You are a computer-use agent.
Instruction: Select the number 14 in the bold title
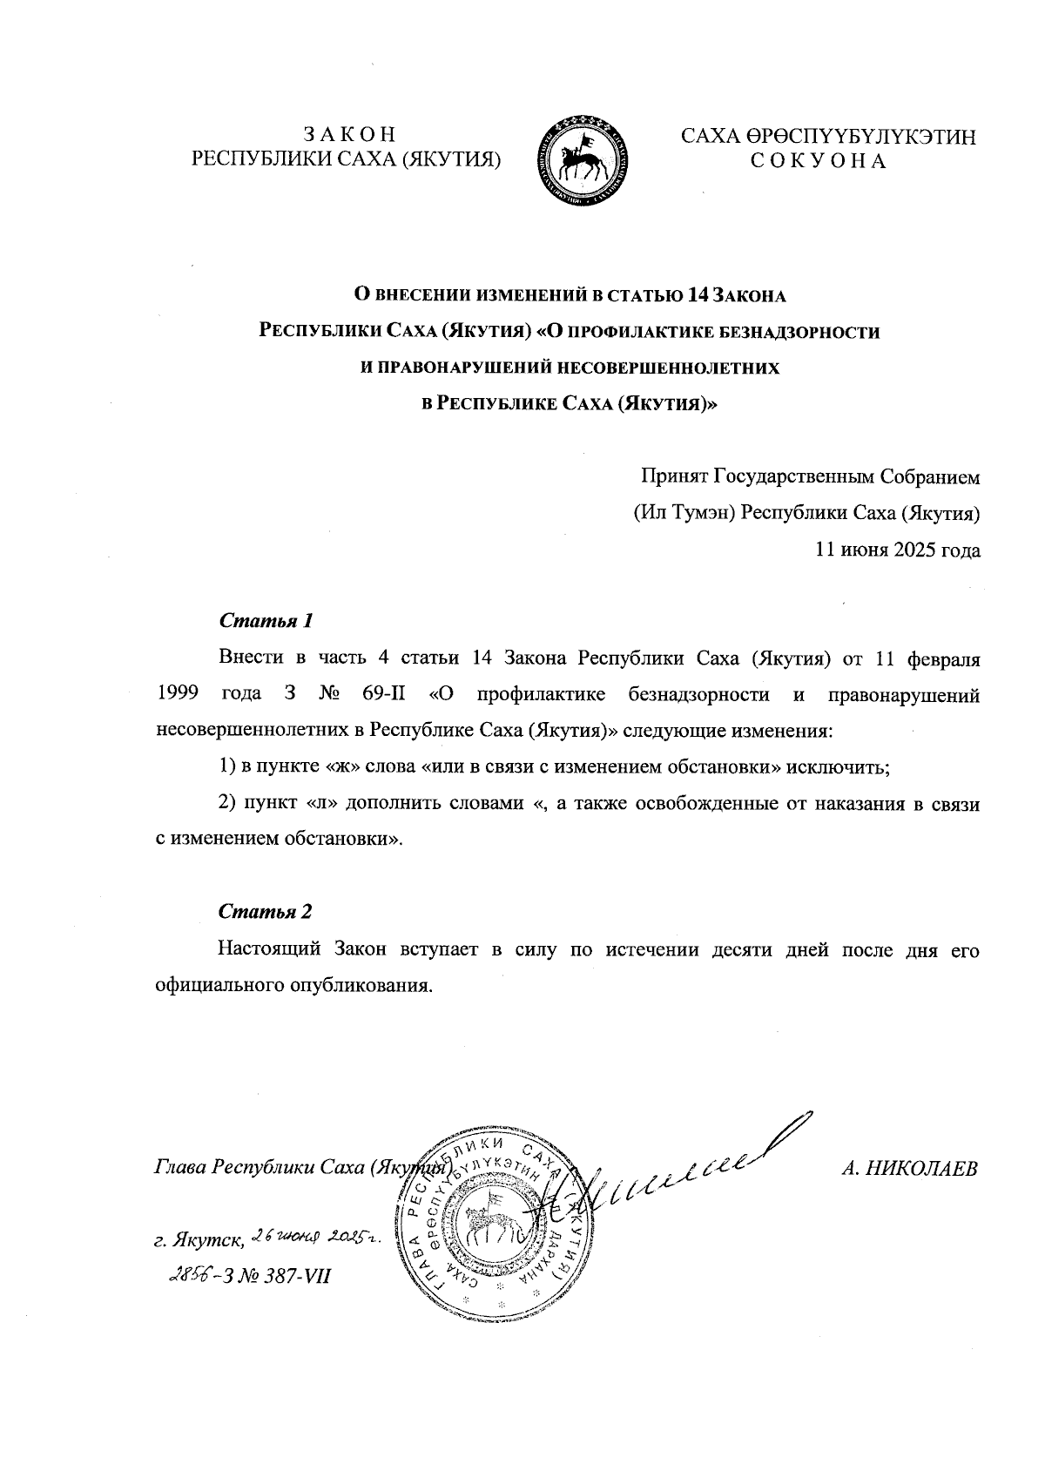[x=698, y=296]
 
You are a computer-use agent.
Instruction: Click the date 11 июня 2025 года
[x=897, y=550]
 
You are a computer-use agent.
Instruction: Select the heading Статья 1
[x=266, y=622]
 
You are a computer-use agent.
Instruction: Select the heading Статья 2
[x=266, y=913]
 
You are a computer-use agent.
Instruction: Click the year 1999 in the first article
[x=179, y=695]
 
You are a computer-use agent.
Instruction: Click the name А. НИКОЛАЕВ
[x=910, y=1168]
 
